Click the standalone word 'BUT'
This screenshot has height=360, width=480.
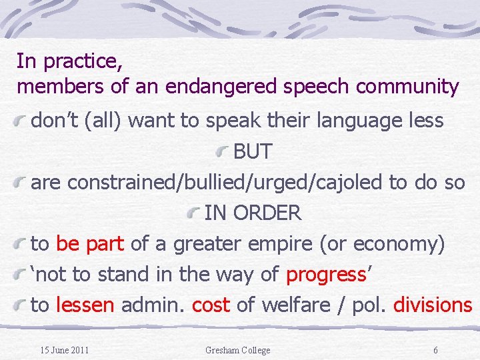click(253, 151)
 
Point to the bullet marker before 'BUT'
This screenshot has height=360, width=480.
click(225, 151)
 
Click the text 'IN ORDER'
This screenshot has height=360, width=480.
click(253, 213)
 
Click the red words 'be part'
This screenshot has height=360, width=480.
click(90, 244)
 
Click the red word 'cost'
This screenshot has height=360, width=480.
click(211, 305)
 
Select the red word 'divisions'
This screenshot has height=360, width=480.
click(433, 305)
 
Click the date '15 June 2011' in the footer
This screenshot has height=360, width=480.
click(64, 350)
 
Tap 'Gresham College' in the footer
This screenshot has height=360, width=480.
click(238, 350)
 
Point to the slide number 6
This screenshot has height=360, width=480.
click(435, 350)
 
